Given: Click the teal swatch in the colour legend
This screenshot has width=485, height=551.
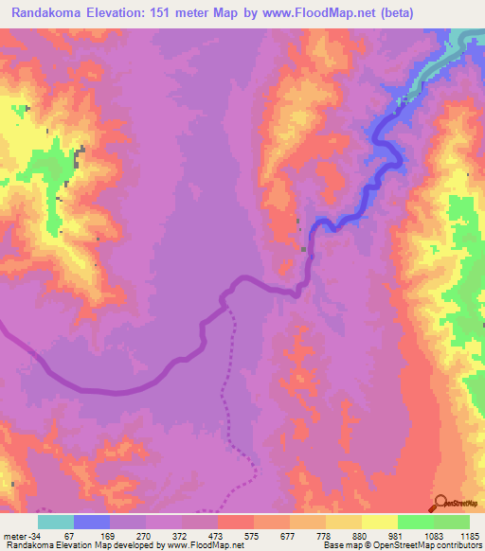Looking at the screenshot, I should coord(56,522).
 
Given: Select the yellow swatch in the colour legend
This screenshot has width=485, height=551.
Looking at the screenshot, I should coord(379,522).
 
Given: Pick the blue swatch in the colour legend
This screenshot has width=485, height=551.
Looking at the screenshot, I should coord(92,522).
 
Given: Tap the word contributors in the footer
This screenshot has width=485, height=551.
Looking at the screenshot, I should coord(458,545).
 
